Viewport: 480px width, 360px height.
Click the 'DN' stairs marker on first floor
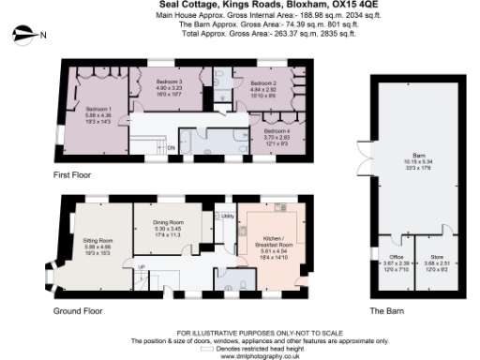(171, 147)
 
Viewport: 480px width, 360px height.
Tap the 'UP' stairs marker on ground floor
(142, 267)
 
